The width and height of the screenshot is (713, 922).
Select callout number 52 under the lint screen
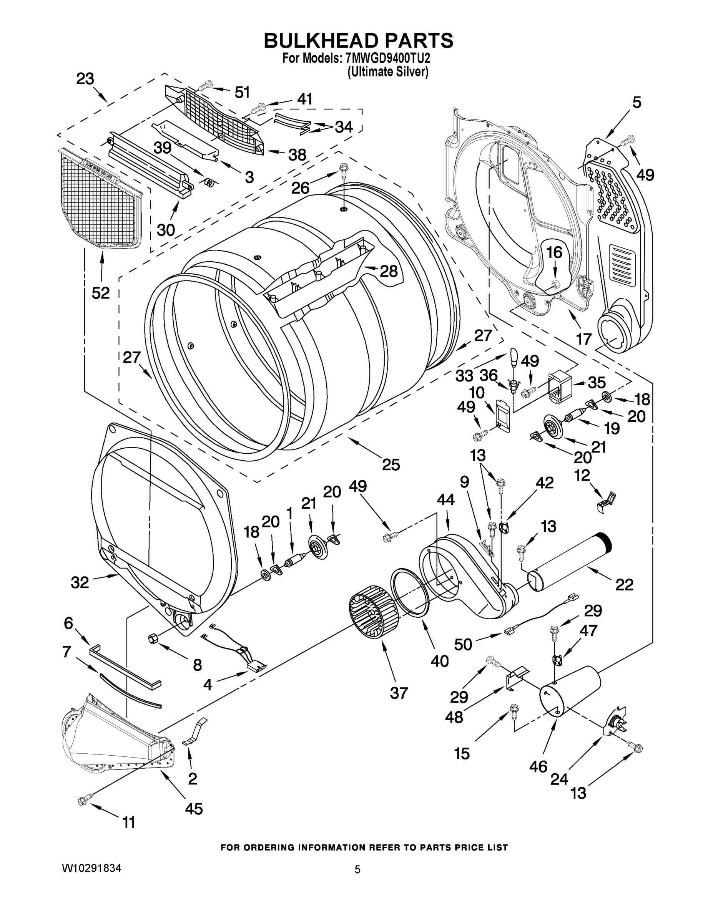click(101, 293)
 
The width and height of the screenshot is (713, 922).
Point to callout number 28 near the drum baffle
click(388, 271)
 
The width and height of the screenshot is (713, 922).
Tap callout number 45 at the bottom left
click(194, 808)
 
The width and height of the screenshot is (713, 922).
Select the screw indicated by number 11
click(82, 800)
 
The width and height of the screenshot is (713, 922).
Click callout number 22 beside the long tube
click(624, 585)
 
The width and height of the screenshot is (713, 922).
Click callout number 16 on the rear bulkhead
click(554, 252)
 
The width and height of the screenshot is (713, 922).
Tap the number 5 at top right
click(637, 103)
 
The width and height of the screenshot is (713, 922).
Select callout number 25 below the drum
click(391, 464)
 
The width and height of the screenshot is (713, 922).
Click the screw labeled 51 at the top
click(204, 86)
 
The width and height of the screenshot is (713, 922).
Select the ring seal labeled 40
click(409, 591)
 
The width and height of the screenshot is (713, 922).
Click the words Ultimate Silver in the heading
click(388, 72)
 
